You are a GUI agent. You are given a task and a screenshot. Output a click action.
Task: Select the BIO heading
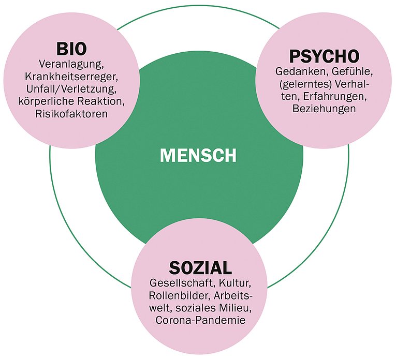[x=71, y=50]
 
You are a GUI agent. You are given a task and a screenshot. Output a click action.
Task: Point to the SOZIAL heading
[x=200, y=268]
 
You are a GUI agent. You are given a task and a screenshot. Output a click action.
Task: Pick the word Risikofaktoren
[x=71, y=113]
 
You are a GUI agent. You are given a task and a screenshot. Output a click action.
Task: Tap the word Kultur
[x=234, y=284]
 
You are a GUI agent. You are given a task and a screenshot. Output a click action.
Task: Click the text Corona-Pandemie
[x=200, y=321]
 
